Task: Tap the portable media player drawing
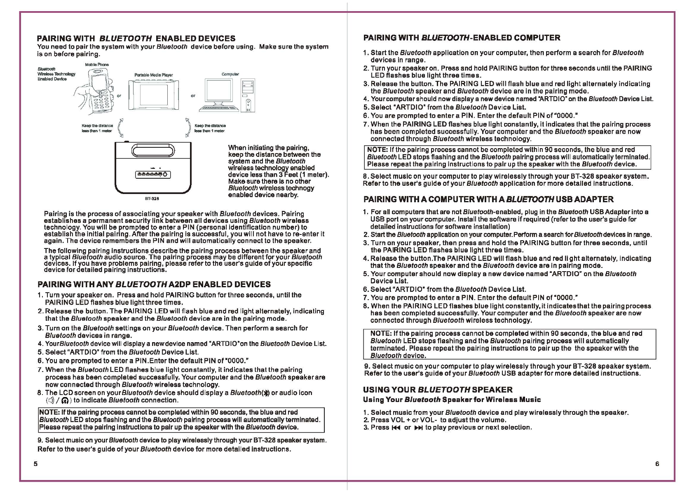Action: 153,94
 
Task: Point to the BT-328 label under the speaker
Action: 152,199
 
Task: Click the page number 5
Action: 35,464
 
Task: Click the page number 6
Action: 657,464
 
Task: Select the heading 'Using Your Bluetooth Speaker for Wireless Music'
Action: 452,400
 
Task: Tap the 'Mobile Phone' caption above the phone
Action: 97,65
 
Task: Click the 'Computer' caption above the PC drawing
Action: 230,74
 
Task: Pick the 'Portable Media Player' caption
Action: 153,75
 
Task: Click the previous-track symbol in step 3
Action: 395,428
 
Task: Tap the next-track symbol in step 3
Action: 418,428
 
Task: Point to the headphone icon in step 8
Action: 64,400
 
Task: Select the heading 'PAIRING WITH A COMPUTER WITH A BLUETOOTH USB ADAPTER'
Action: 488,199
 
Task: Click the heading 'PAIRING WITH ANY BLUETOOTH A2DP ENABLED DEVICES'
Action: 154,284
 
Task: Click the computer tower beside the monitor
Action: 247,95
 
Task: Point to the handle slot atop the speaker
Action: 152,149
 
